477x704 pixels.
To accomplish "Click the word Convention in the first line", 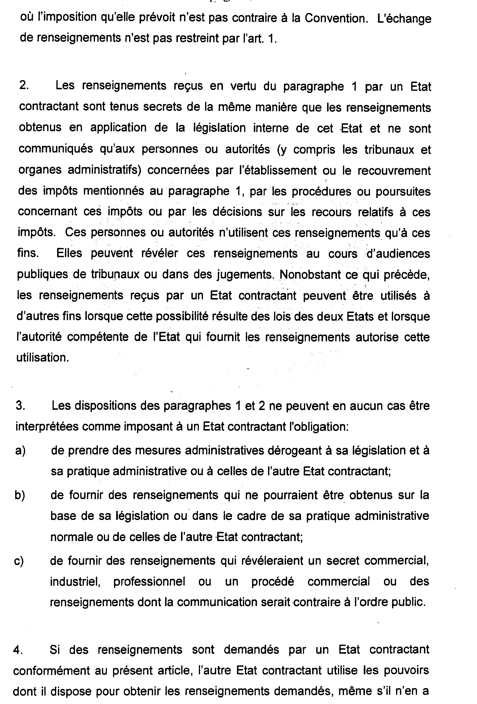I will coord(336,19).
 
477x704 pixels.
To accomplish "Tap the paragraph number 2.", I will coord(24,86).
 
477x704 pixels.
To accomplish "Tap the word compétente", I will coord(98,337).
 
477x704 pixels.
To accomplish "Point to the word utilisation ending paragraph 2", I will coord(42,358).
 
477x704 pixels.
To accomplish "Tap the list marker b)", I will coord(20,495).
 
